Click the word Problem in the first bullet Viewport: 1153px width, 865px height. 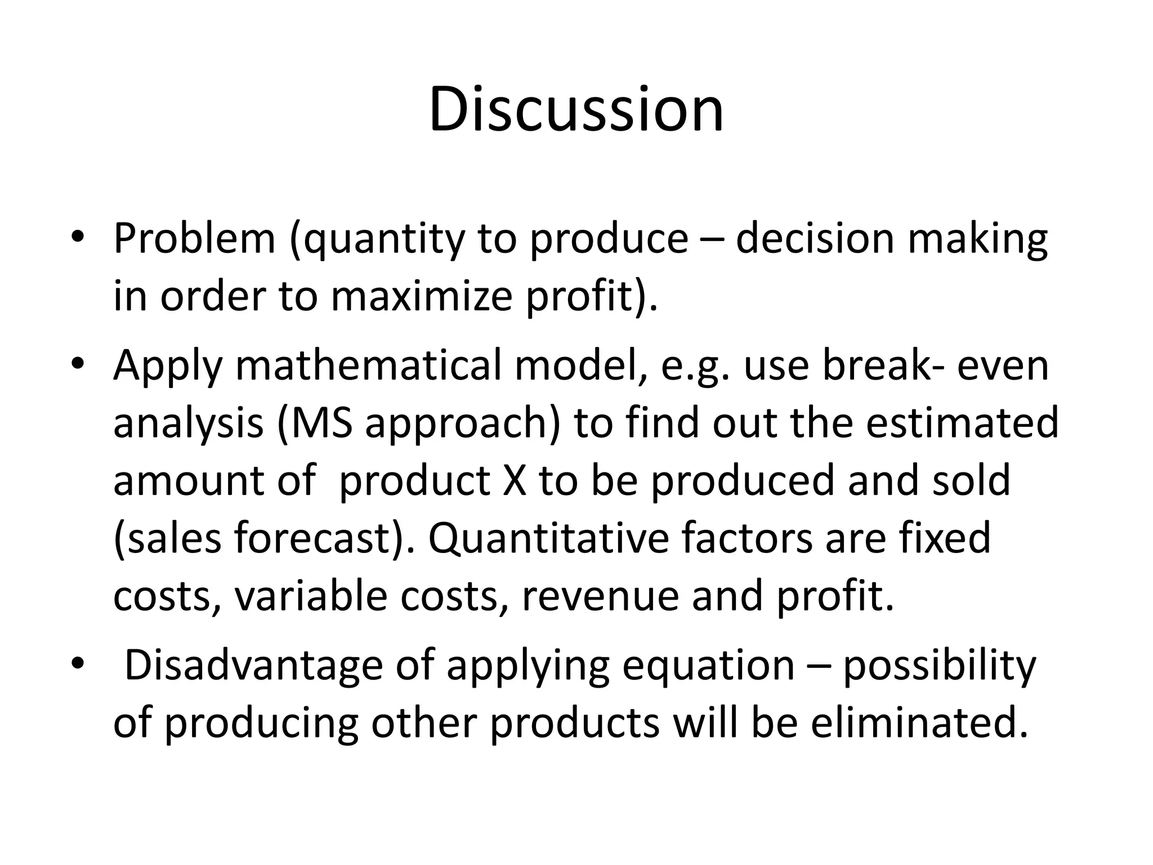[194, 238]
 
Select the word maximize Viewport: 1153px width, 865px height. [421, 297]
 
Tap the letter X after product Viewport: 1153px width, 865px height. [515, 480]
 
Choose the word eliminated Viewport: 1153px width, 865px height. [919, 723]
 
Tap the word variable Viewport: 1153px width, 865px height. [311, 595]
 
